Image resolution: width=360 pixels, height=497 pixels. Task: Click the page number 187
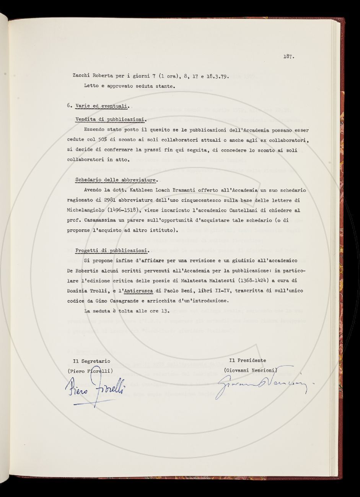(x=288, y=57)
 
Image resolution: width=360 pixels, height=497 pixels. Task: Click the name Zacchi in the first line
(x=81, y=76)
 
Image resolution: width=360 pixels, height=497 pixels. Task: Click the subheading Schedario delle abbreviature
(x=116, y=180)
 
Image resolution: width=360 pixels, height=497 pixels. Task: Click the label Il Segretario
(x=91, y=361)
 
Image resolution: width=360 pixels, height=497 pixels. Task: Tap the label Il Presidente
(x=247, y=360)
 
